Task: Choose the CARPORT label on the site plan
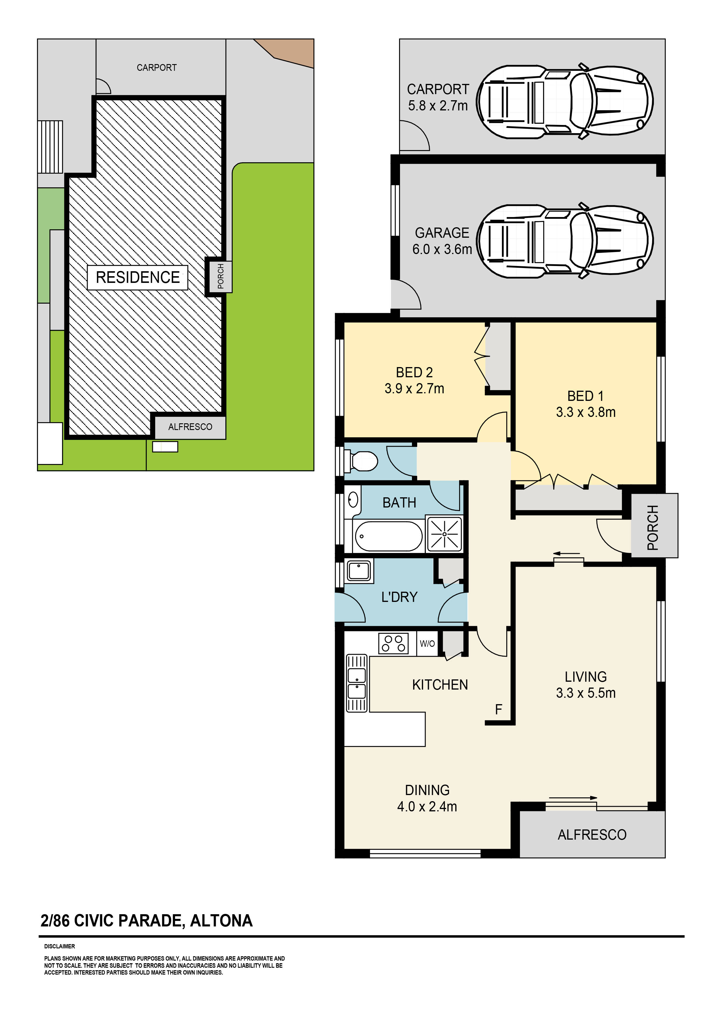(157, 68)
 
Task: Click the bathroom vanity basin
(353, 500)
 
